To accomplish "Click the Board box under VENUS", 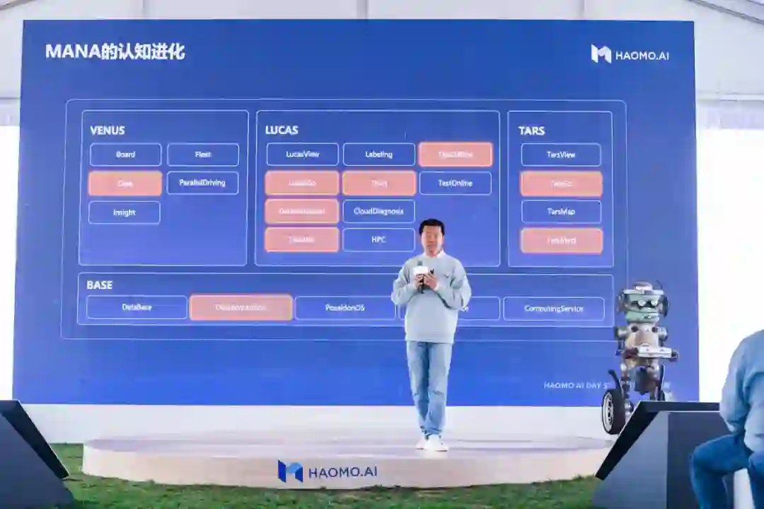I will [x=125, y=154].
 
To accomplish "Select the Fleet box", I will [x=203, y=154].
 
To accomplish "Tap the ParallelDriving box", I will [x=202, y=183].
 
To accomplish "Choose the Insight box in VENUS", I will [x=125, y=212].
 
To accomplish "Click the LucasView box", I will [x=302, y=154].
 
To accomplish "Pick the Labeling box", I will [x=378, y=154].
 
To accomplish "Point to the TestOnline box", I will [x=455, y=183].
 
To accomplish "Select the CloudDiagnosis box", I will [x=378, y=211].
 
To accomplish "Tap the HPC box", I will [x=378, y=239].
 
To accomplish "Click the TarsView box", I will [x=561, y=154].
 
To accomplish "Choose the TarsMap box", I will [x=561, y=212].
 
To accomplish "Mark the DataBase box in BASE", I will [x=137, y=307].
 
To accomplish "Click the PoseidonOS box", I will [x=345, y=308].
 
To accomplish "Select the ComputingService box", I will [x=553, y=309].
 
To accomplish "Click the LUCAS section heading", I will [x=282, y=130].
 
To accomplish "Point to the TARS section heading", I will [x=531, y=131].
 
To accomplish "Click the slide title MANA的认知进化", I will [x=115, y=52].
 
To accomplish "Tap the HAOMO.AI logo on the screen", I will [x=630, y=55].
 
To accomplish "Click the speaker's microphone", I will [x=422, y=272].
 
